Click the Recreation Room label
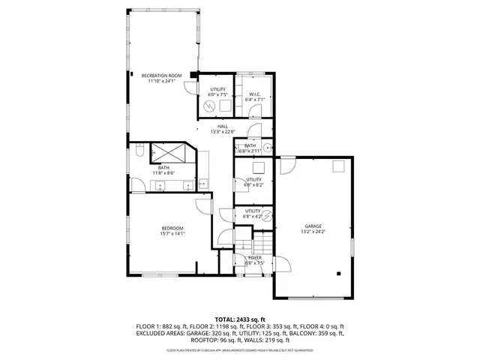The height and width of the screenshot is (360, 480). [x=163, y=75]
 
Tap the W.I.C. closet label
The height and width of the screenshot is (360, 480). [x=256, y=94]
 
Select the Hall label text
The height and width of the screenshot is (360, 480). [x=223, y=126]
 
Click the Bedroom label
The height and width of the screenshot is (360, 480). [x=172, y=228]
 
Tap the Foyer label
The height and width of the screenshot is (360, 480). [x=255, y=258]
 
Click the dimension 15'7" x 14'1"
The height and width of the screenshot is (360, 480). [x=172, y=234]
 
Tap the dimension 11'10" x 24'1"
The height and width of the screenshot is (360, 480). [x=163, y=81]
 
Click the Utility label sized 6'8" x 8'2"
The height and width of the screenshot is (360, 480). [x=254, y=179]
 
